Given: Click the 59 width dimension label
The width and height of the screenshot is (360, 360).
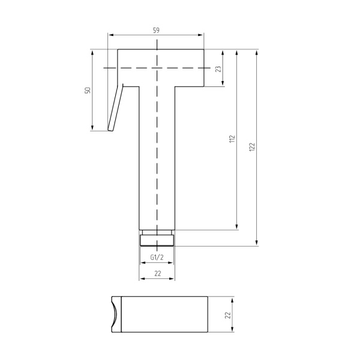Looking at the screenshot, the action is pyautogui.click(x=156, y=31).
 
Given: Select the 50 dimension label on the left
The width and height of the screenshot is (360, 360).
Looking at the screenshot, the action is pyautogui.click(x=88, y=90).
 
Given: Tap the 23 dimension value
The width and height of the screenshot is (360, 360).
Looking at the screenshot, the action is pyautogui.click(x=218, y=69).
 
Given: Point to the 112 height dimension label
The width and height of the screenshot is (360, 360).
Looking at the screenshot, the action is pyautogui.click(x=232, y=139).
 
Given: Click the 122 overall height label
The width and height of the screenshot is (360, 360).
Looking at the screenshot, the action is pyautogui.click(x=252, y=147).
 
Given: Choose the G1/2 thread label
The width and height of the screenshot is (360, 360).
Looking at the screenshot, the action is pyautogui.click(x=157, y=257).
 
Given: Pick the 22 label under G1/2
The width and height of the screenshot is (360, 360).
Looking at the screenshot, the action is pyautogui.click(x=158, y=274).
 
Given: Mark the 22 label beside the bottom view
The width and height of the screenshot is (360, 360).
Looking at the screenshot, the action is pyautogui.click(x=227, y=315).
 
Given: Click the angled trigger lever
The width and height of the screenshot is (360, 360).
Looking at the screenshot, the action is pyautogui.click(x=115, y=107).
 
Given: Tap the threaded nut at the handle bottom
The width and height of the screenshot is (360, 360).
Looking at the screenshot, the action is pyautogui.click(x=157, y=241).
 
